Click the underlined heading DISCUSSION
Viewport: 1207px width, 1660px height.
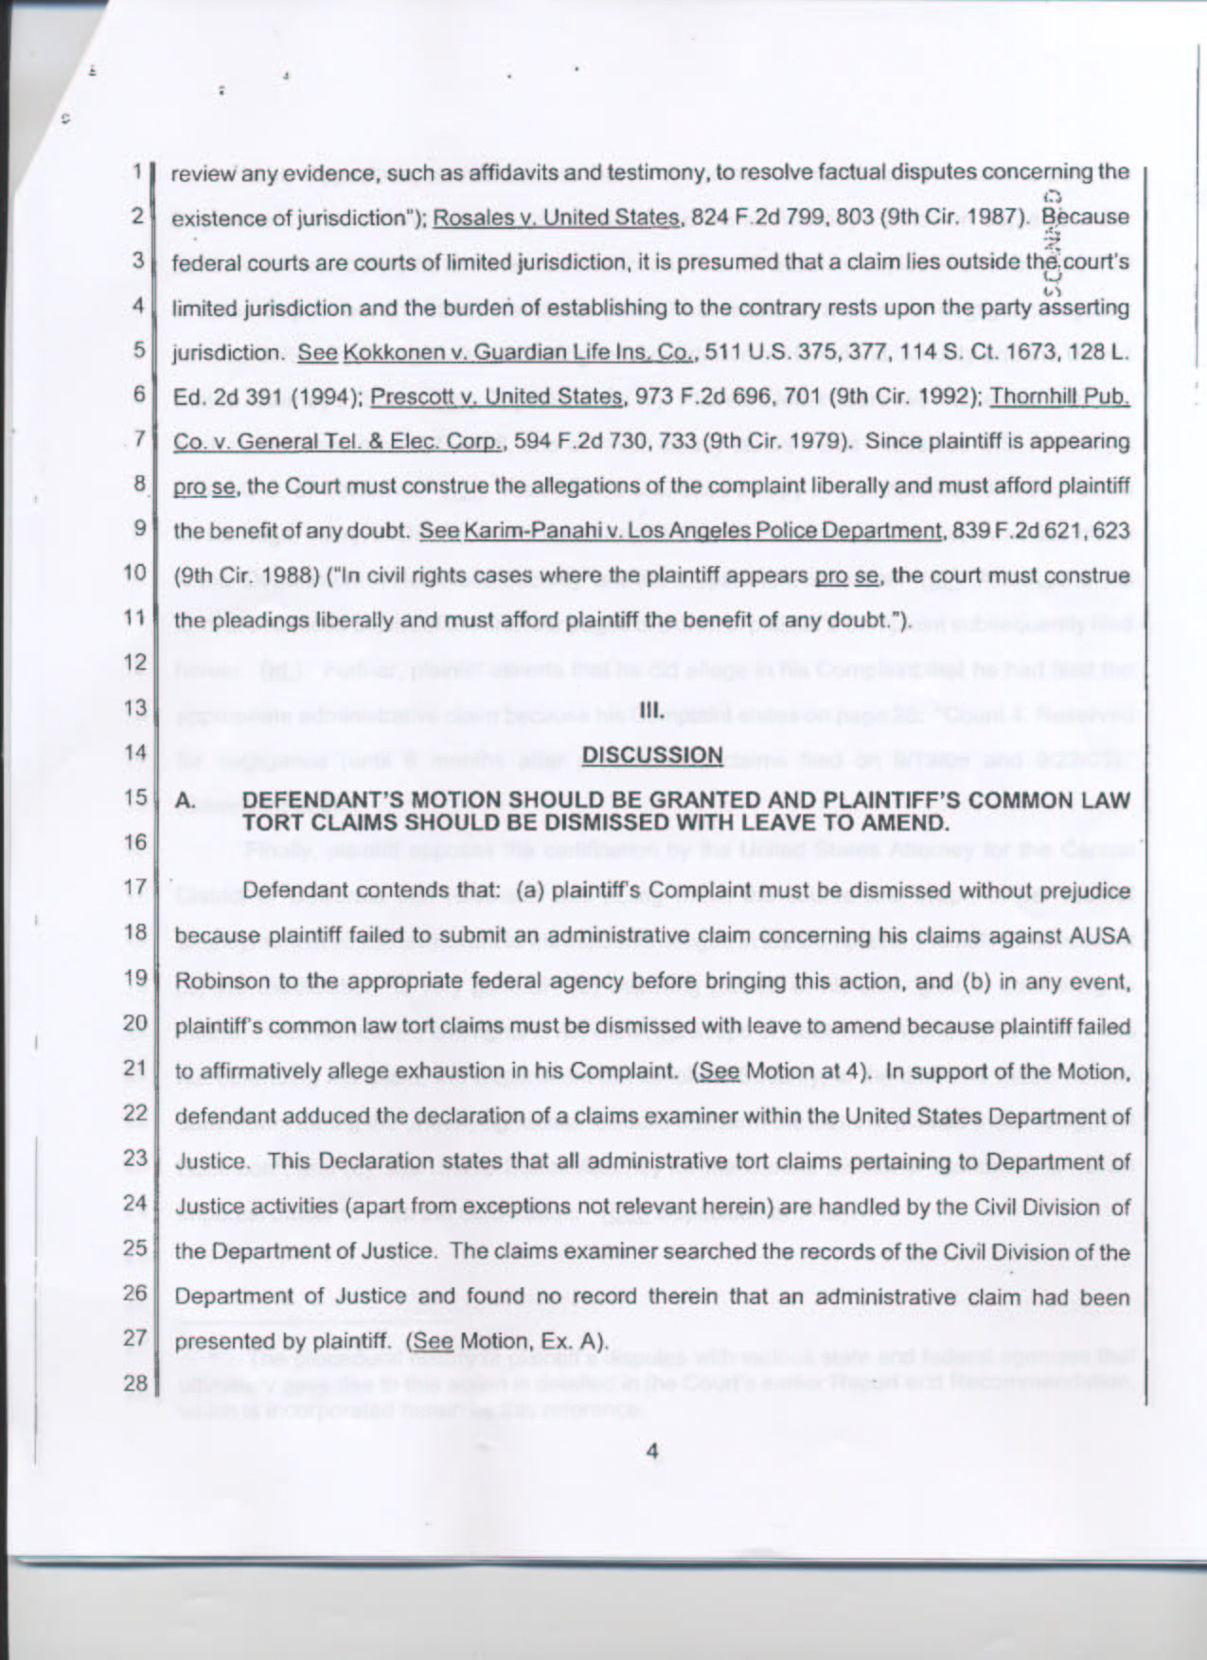652,754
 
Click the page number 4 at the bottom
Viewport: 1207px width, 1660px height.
651,1451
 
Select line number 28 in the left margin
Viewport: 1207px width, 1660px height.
135,1383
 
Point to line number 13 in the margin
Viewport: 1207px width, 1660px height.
135,708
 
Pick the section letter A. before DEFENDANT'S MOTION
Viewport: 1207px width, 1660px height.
186,802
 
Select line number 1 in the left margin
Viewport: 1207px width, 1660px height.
137,172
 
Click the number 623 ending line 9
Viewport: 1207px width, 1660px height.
1110,530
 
